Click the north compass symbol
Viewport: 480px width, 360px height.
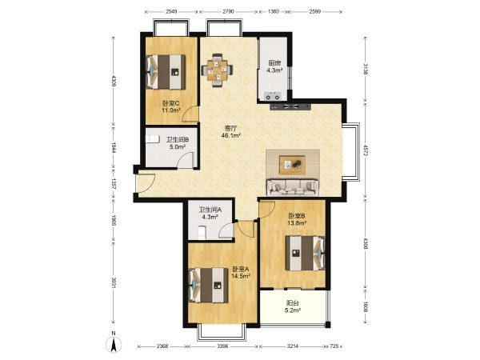coord(114,345)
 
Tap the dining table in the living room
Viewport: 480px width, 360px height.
coord(217,70)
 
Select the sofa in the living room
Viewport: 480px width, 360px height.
coord(293,187)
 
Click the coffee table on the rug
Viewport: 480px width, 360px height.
coord(292,165)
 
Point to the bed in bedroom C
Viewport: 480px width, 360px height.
coord(166,72)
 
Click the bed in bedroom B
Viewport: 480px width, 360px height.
coord(306,253)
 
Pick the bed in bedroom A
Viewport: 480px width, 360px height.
coord(209,285)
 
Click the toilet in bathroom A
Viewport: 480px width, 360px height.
coord(202,233)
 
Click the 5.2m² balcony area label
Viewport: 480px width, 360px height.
coord(292,310)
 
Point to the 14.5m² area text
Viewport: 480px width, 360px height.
coord(241,276)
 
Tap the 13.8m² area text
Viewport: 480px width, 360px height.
coord(297,223)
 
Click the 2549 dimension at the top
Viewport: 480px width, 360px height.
coord(171,12)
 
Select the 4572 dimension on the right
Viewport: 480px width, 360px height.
coord(366,151)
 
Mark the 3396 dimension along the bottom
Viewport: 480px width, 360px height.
coord(223,346)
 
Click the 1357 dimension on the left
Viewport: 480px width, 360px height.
coord(114,183)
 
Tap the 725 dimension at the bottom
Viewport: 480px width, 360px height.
coord(334,346)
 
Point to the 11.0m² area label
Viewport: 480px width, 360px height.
coord(171,110)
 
